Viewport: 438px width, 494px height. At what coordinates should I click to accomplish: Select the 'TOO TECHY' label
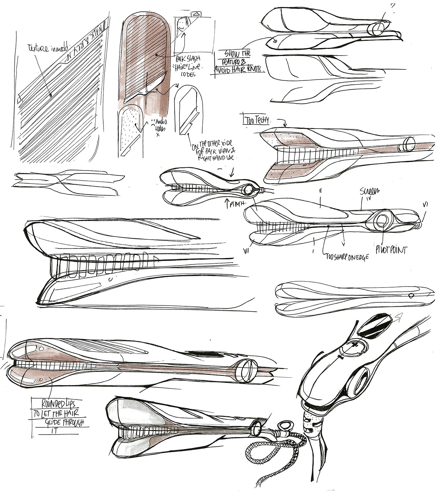click(257, 121)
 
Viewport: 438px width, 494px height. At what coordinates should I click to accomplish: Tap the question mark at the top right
click(393, 6)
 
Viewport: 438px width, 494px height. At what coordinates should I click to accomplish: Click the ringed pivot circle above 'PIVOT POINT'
click(381, 221)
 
